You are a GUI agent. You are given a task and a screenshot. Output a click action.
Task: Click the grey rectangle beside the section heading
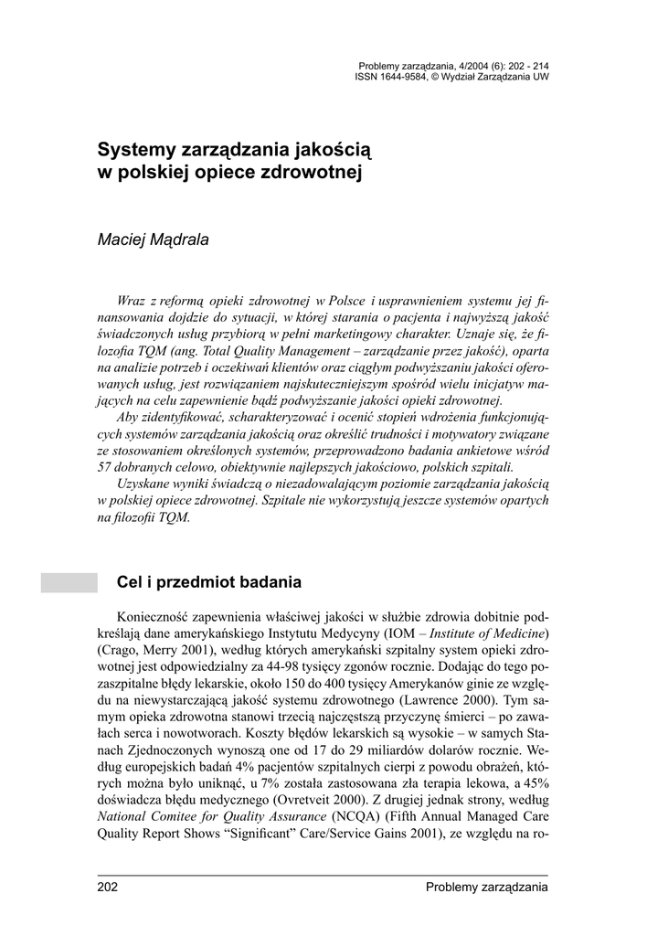pos(69,582)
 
